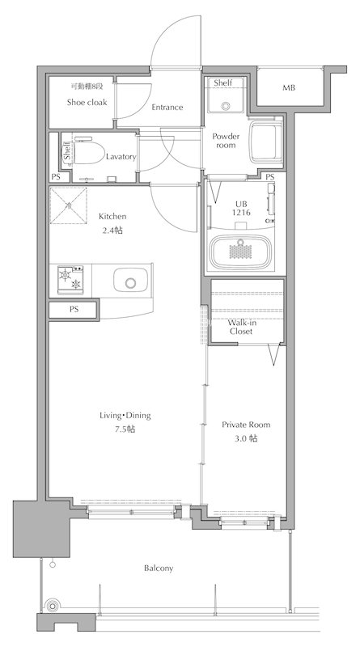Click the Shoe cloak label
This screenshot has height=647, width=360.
pyautogui.click(x=87, y=103)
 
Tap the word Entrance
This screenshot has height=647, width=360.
pyautogui.click(x=167, y=108)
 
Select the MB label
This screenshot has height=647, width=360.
pyautogui.click(x=289, y=88)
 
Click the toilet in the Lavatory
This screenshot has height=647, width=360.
pyautogui.click(x=89, y=151)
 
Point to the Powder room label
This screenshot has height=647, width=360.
pyautogui.click(x=226, y=141)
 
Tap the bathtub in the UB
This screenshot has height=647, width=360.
pyautogui.click(x=242, y=252)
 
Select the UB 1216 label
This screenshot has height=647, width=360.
pyautogui.click(x=242, y=209)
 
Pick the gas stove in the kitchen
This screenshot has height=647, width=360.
pyautogui.click(x=70, y=280)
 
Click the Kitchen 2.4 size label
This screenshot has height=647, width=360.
pyautogui.click(x=112, y=223)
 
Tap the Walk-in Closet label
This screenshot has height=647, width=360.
pyautogui.click(x=241, y=328)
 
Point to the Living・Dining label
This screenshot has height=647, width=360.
pyautogui.click(x=125, y=416)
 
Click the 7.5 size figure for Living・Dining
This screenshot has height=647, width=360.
pyautogui.click(x=125, y=429)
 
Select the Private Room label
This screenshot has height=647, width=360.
pyautogui.click(x=246, y=425)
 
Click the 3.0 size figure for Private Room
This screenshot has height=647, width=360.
pyautogui.click(x=246, y=438)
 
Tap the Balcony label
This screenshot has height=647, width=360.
pyautogui.click(x=159, y=569)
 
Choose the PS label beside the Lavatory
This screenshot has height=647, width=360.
pyautogui.click(x=56, y=177)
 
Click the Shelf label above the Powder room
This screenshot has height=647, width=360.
pyautogui.click(x=223, y=83)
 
